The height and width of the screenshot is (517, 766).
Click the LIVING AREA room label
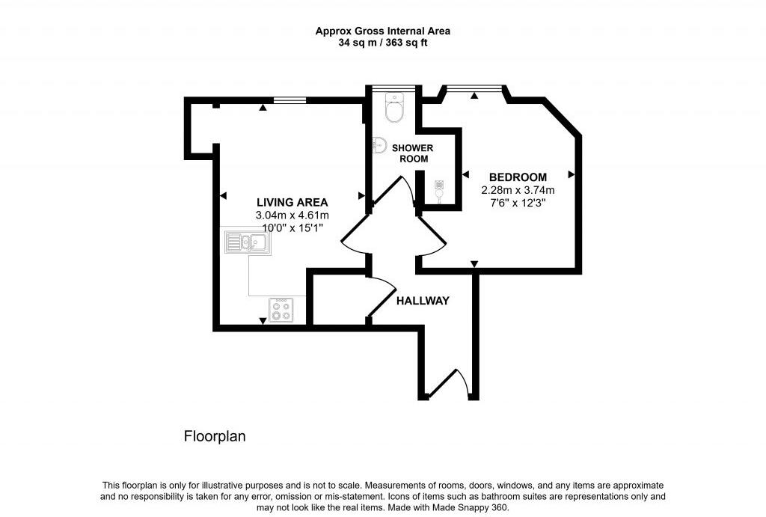coord(292,202)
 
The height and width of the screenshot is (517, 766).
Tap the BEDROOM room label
coord(518,177)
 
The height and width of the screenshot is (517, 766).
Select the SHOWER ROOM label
coord(413,153)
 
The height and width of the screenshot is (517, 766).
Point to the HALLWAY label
coord(423,301)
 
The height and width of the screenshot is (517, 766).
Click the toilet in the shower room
coord(393,109)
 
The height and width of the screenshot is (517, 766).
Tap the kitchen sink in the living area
coord(247,242)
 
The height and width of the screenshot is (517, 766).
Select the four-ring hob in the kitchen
coord(282,310)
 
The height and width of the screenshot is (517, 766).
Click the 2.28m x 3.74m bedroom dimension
coord(518,190)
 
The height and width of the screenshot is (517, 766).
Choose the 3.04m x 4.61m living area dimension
coord(292,215)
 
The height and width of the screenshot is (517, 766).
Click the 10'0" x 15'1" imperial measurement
coord(292,227)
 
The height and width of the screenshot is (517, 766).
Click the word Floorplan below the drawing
coord(215,435)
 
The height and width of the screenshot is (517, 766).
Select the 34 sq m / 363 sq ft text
coord(383,43)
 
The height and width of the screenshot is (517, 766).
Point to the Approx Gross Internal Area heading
coord(383,31)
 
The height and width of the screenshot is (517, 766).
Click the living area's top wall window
coord(289,100)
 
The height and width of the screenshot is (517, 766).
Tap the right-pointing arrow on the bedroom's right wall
coord(572,174)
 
